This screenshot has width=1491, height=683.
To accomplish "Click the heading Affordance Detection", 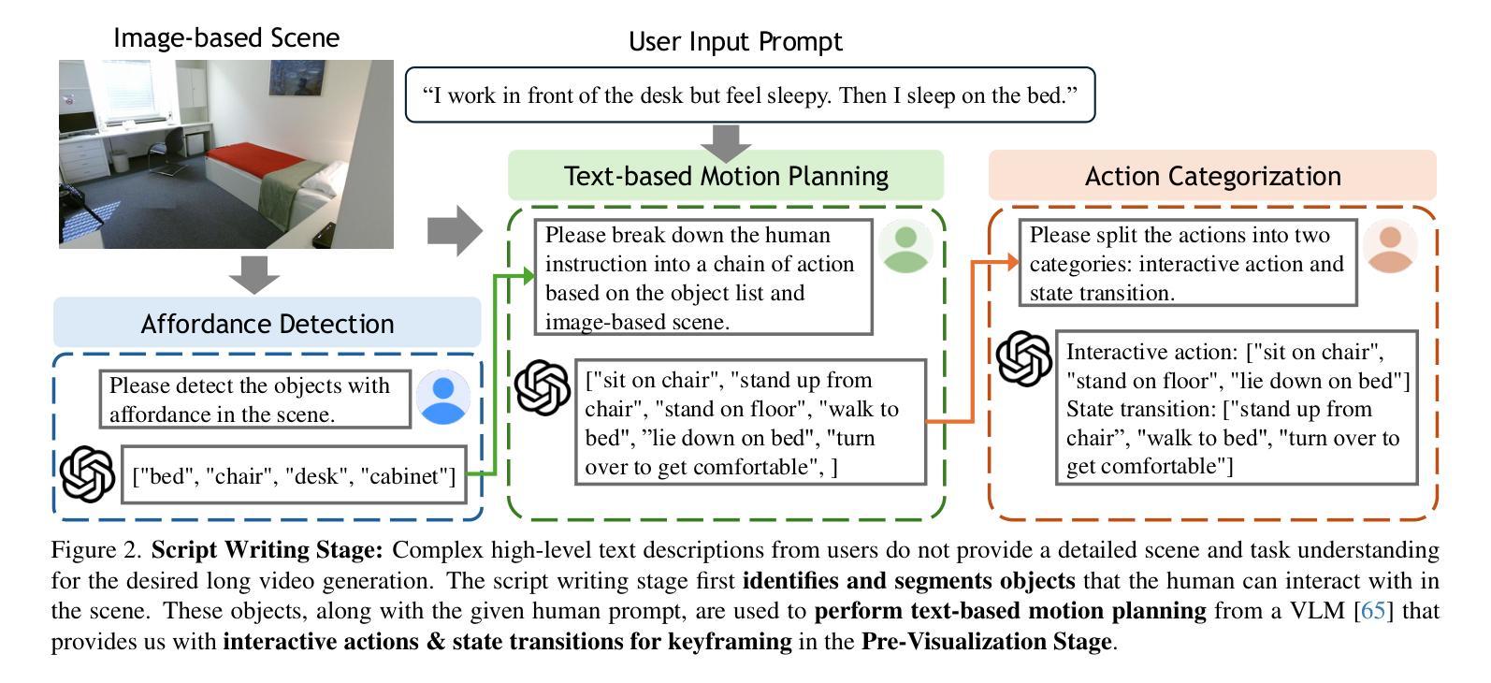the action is (267, 324).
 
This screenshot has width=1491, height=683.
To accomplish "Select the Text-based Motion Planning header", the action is (726, 176).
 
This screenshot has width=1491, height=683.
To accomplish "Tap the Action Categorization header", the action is (1213, 176).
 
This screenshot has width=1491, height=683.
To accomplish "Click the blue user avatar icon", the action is (443, 398).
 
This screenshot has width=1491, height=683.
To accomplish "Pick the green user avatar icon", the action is (905, 247).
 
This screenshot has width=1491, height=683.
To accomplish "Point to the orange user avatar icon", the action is (1390, 247).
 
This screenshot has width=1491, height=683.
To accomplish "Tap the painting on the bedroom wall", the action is (297, 78).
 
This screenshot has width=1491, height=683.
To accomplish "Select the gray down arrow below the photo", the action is (254, 274).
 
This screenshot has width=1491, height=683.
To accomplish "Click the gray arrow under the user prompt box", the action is (726, 143).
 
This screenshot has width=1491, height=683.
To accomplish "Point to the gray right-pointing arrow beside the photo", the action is (455, 231).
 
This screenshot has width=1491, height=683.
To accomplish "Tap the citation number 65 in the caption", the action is (1373, 610).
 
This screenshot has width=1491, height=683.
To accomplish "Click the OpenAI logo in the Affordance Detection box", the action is (87, 473).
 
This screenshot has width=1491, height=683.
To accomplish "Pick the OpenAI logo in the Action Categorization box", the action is (1023, 358).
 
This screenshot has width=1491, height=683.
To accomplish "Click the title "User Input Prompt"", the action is (735, 41).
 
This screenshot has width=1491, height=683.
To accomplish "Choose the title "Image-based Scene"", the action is (226, 37).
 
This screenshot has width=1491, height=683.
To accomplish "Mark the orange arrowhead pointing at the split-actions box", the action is (1012, 262).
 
